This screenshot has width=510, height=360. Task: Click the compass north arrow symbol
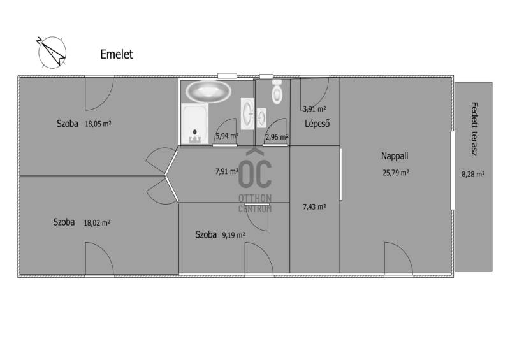(x=52, y=53)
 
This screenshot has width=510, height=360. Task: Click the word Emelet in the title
(x=117, y=54)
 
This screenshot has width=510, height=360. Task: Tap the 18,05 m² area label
(x=98, y=124)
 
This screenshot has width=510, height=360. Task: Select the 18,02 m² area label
(x=97, y=223)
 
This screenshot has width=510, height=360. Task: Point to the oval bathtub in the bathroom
(x=208, y=91)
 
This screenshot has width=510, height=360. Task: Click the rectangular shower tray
(x=195, y=124)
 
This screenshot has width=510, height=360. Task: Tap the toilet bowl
(x=277, y=92)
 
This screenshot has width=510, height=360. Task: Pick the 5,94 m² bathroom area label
(x=227, y=136)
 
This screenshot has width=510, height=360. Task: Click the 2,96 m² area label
(x=277, y=137)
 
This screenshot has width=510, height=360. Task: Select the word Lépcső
(x=317, y=124)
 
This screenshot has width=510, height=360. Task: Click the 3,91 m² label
(x=314, y=109)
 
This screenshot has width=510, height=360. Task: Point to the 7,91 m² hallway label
(x=227, y=171)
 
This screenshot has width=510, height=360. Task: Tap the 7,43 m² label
(x=314, y=207)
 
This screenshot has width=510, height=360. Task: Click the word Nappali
(x=395, y=156)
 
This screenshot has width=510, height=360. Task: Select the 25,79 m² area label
(x=396, y=173)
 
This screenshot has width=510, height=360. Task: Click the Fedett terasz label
(x=474, y=129)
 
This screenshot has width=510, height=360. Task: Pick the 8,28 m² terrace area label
(x=473, y=175)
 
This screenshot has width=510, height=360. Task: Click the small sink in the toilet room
(x=261, y=117)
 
